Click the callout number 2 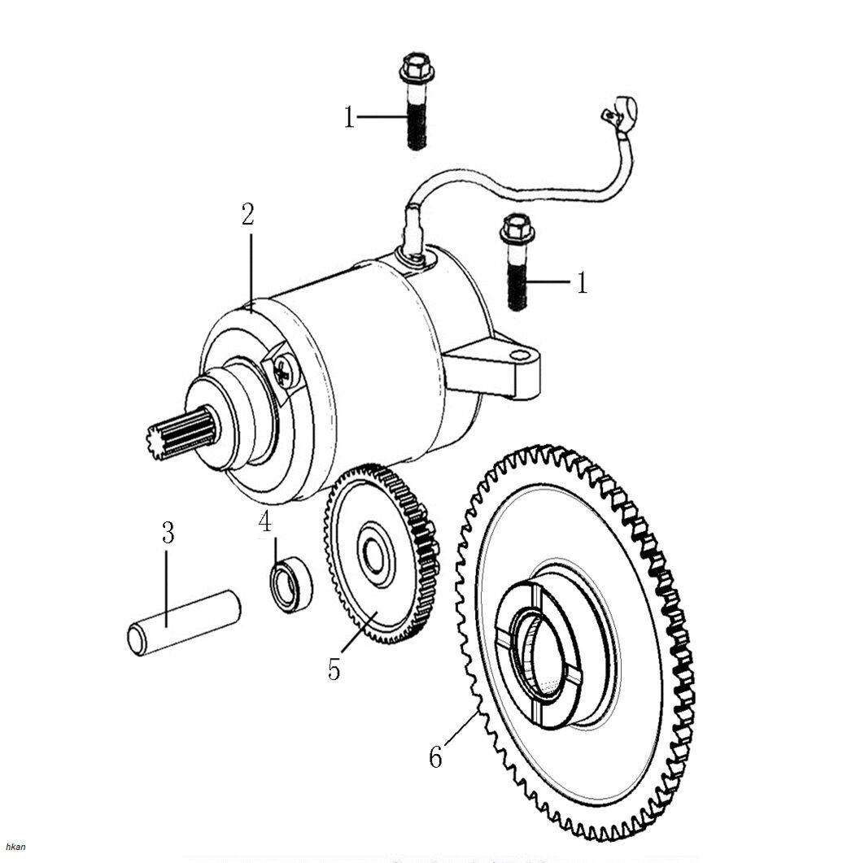[248, 214]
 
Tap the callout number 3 [167, 534]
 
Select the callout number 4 [264, 521]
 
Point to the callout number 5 [334, 669]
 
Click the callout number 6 [436, 758]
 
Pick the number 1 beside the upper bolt [349, 118]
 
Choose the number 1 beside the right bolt [581, 283]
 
